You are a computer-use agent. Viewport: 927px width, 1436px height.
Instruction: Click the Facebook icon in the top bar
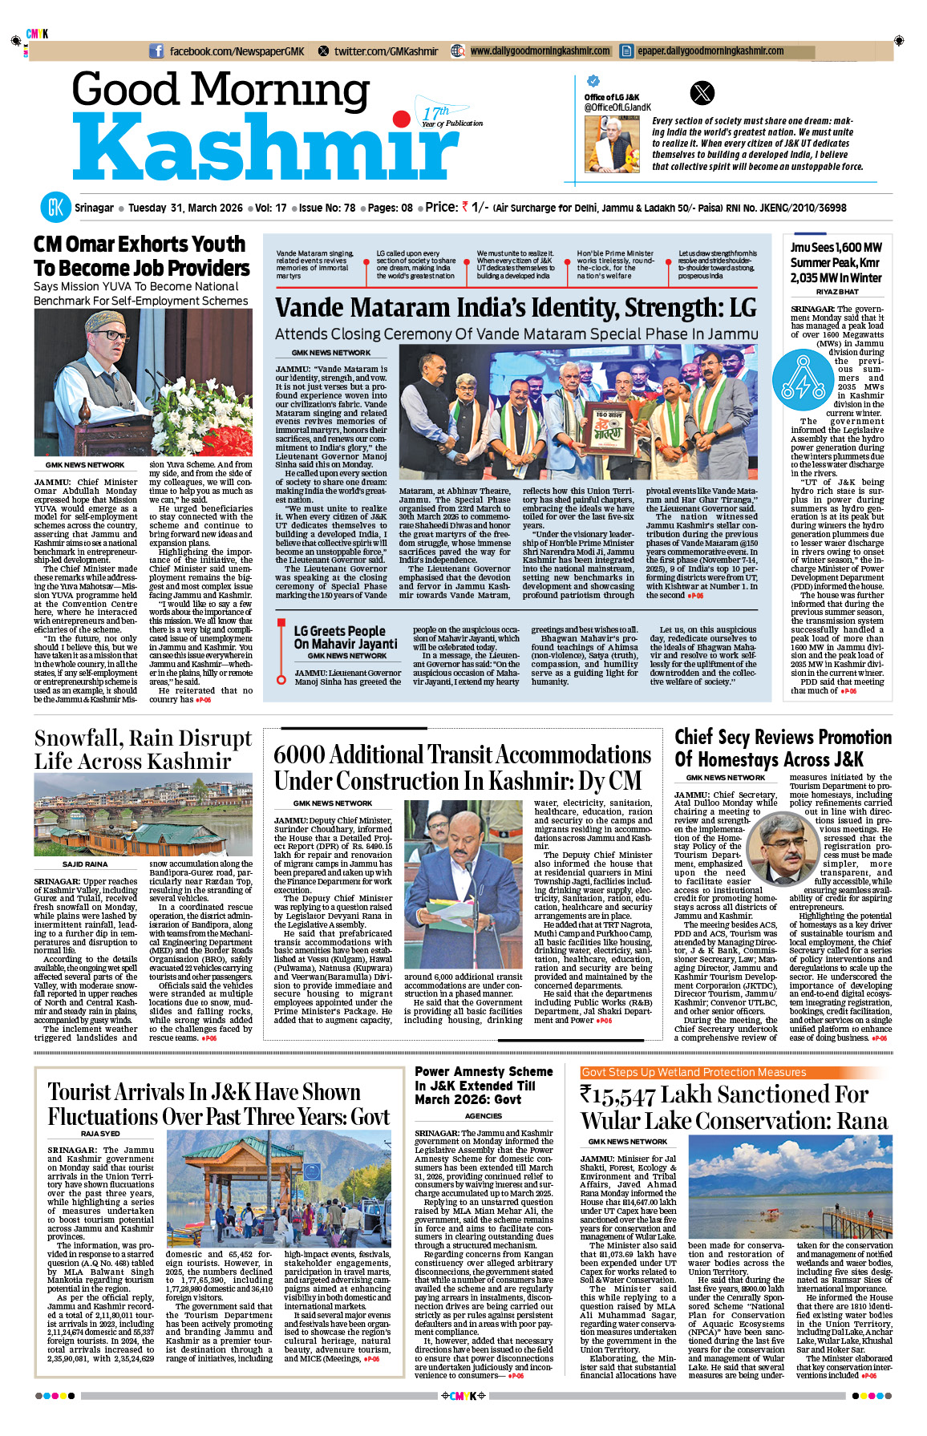156,51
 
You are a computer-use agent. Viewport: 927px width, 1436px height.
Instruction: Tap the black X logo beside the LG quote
702,93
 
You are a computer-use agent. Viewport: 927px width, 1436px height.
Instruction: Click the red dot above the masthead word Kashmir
401,120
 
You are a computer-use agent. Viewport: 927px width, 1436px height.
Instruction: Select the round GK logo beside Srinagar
55,207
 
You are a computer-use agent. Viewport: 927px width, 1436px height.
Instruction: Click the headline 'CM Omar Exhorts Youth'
140,244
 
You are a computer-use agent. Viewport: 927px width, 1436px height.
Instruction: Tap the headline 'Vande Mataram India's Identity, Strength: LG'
516,308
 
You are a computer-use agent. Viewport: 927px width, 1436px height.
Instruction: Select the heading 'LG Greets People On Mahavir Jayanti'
345,637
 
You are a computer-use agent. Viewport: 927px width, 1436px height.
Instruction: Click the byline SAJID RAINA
84,864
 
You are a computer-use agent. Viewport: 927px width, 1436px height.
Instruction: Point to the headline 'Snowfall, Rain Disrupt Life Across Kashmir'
143,749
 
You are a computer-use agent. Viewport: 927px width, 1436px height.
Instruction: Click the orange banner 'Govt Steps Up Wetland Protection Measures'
694,1072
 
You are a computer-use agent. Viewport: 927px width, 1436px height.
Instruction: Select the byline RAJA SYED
100,1134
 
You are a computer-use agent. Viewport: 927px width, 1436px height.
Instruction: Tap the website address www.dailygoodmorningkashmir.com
540,51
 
